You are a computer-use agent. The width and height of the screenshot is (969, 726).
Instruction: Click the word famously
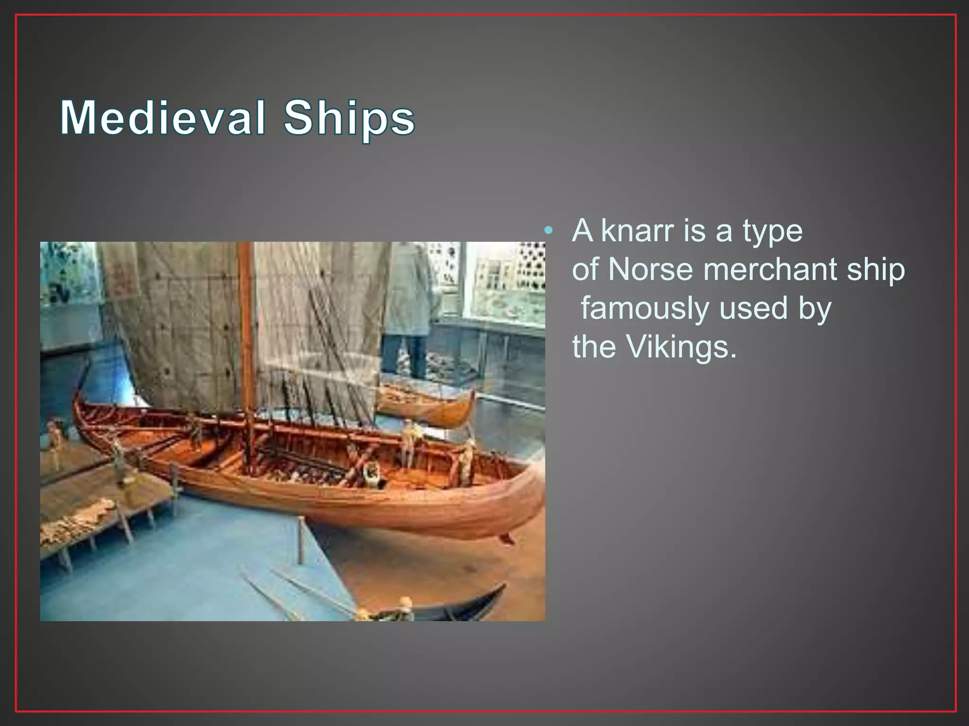tap(644, 308)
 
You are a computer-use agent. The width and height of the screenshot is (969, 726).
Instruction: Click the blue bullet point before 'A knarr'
tap(548, 231)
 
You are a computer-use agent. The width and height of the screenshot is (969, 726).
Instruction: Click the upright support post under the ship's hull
tap(301, 539)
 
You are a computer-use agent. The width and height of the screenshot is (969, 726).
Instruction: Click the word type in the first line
tap(772, 232)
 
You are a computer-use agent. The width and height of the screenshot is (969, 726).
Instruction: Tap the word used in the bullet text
tap(753, 308)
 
